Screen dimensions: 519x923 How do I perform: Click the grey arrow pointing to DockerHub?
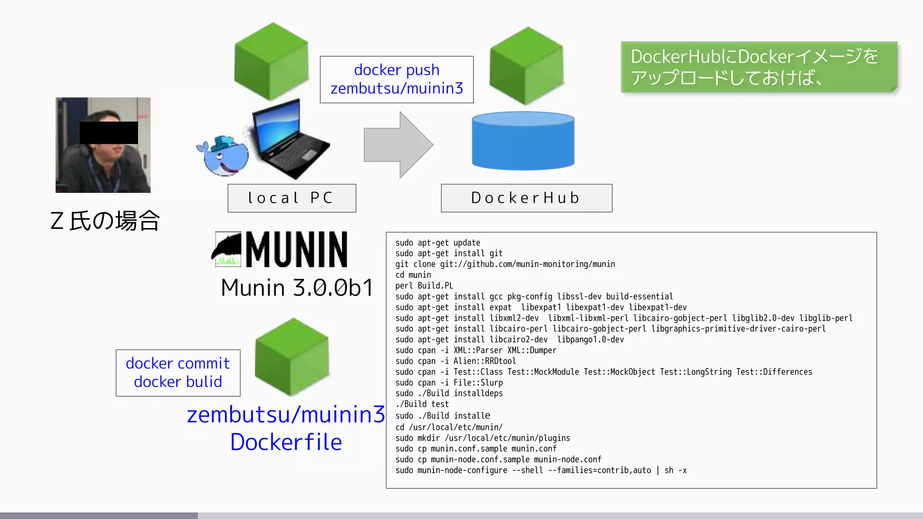[397, 145]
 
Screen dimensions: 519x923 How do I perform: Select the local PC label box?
[292, 198]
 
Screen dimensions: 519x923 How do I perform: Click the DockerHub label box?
[526, 198]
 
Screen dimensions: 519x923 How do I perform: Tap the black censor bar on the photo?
[109, 133]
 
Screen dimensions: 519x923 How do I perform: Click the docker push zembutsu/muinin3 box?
[397, 80]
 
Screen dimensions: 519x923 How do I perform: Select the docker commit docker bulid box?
[178, 373]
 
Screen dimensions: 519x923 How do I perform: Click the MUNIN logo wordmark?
[296, 250]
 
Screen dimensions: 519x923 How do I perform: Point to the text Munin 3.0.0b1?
[297, 287]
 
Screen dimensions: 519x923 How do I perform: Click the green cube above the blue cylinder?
[526, 65]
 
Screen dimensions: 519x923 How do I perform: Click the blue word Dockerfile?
[286, 442]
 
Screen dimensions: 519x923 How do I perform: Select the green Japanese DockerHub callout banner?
[759, 67]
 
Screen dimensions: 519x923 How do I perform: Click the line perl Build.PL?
[424, 286]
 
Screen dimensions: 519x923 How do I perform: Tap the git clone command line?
[505, 264]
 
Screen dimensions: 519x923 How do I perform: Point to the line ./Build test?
[422, 404]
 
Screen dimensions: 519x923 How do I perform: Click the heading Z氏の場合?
[105, 221]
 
